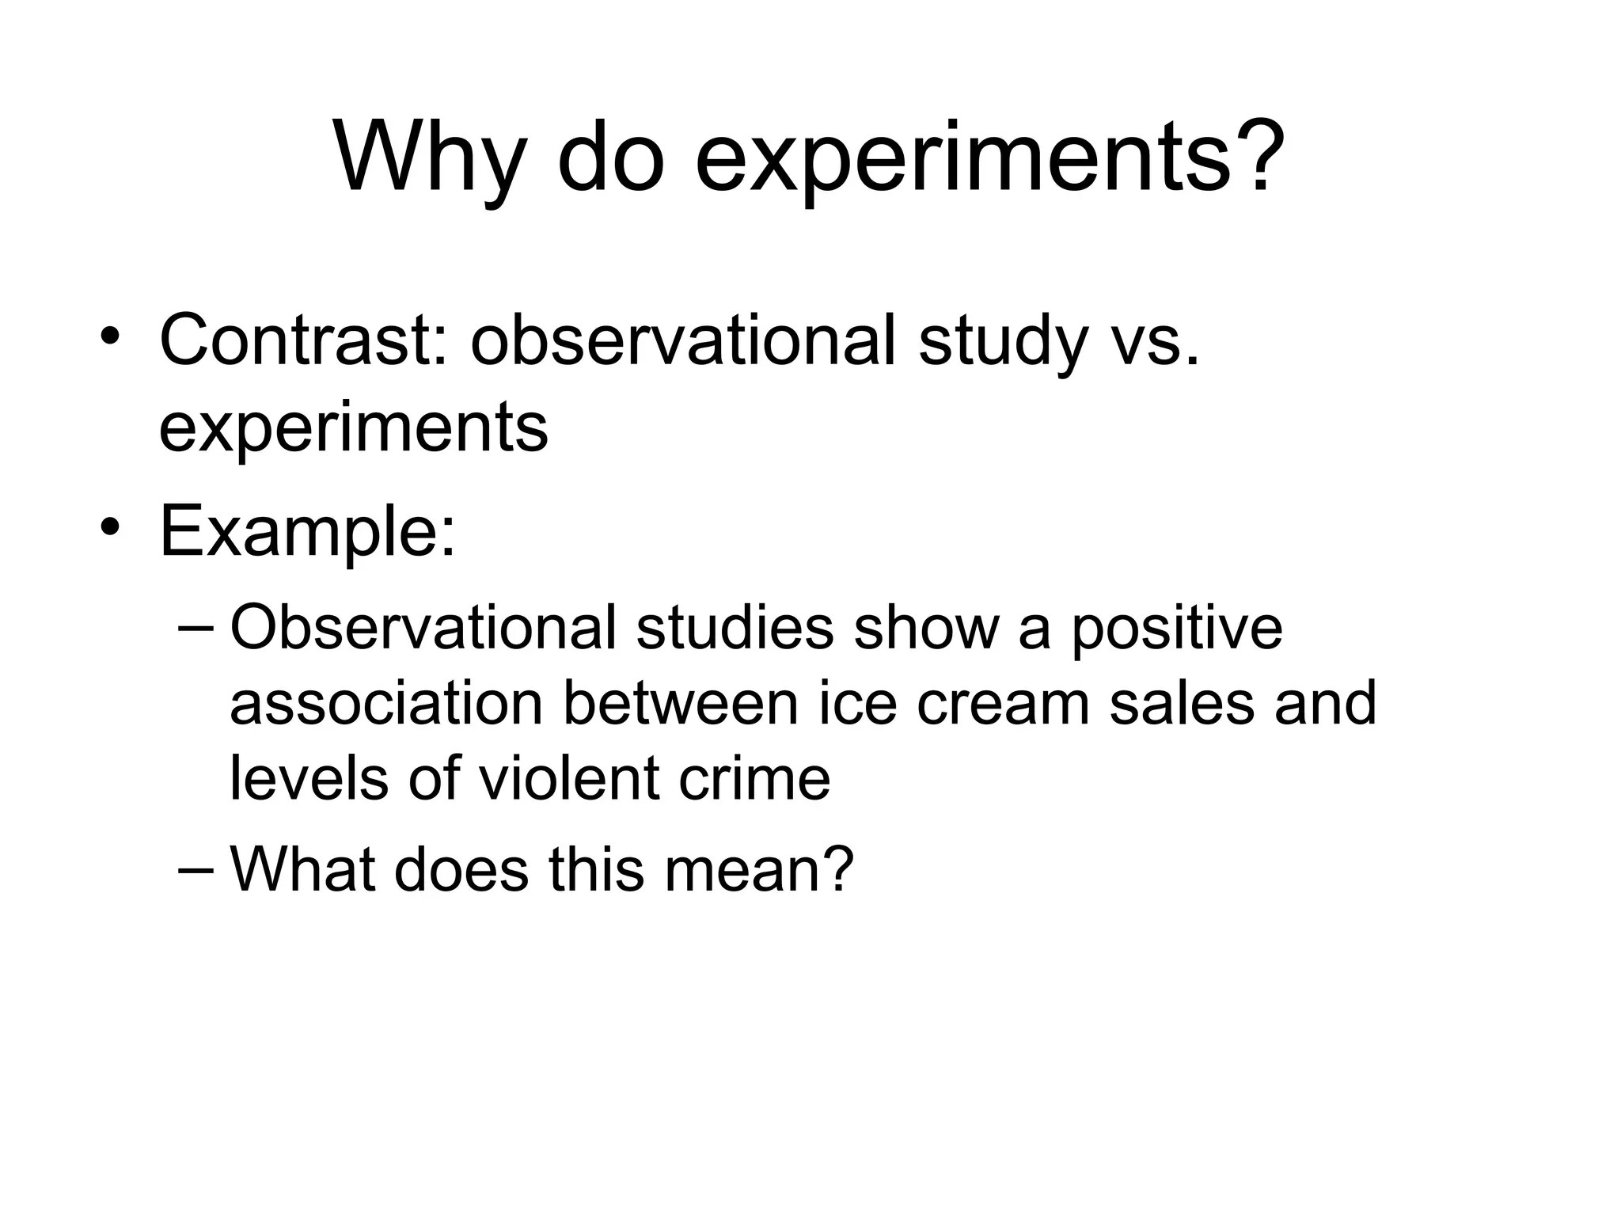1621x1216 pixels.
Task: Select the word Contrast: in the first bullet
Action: tap(304, 341)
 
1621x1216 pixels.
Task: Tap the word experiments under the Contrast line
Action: tap(353, 428)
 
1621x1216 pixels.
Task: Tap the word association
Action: tap(385, 704)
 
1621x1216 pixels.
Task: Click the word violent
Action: tap(569, 778)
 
